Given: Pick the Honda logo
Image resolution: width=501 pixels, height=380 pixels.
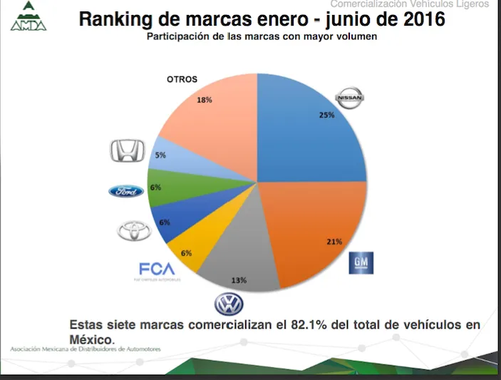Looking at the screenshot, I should [128, 150].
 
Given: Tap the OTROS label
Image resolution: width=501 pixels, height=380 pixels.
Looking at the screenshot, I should [182, 79].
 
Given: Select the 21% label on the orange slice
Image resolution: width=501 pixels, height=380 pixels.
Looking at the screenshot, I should [335, 242].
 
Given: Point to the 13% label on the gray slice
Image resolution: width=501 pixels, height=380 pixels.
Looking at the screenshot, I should [239, 279].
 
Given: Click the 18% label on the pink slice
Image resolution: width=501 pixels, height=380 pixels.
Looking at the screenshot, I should [205, 100].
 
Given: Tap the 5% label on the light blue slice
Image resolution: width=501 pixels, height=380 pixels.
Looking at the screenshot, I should [161, 155].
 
